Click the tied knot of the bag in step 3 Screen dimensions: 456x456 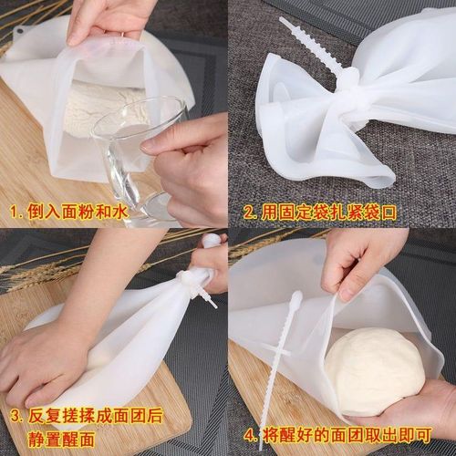coord(193,273)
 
